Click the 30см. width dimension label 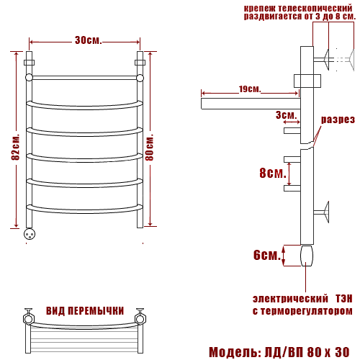[x=88, y=40]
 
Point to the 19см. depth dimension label [x=250, y=89]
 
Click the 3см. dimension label [x=286, y=115]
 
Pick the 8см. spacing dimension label [x=273, y=173]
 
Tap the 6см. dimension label [x=267, y=255]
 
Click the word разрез [x=338, y=120]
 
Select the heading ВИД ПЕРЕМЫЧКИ [x=85, y=311]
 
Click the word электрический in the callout [x=290, y=299]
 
